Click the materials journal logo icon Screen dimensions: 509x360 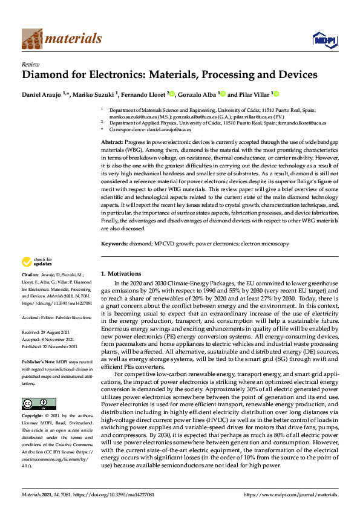(x=32, y=39)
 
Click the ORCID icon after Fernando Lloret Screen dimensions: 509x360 (x=172, y=94)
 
